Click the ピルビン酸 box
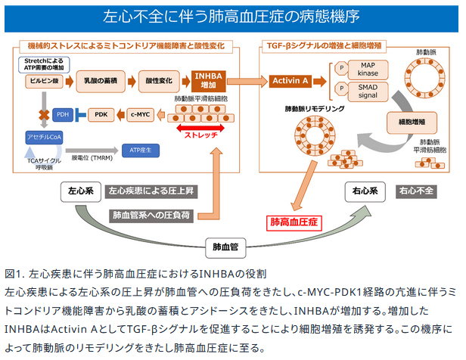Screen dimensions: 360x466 click(41, 79)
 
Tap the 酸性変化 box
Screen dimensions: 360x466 click(157, 79)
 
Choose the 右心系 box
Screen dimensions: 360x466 click(365, 191)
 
